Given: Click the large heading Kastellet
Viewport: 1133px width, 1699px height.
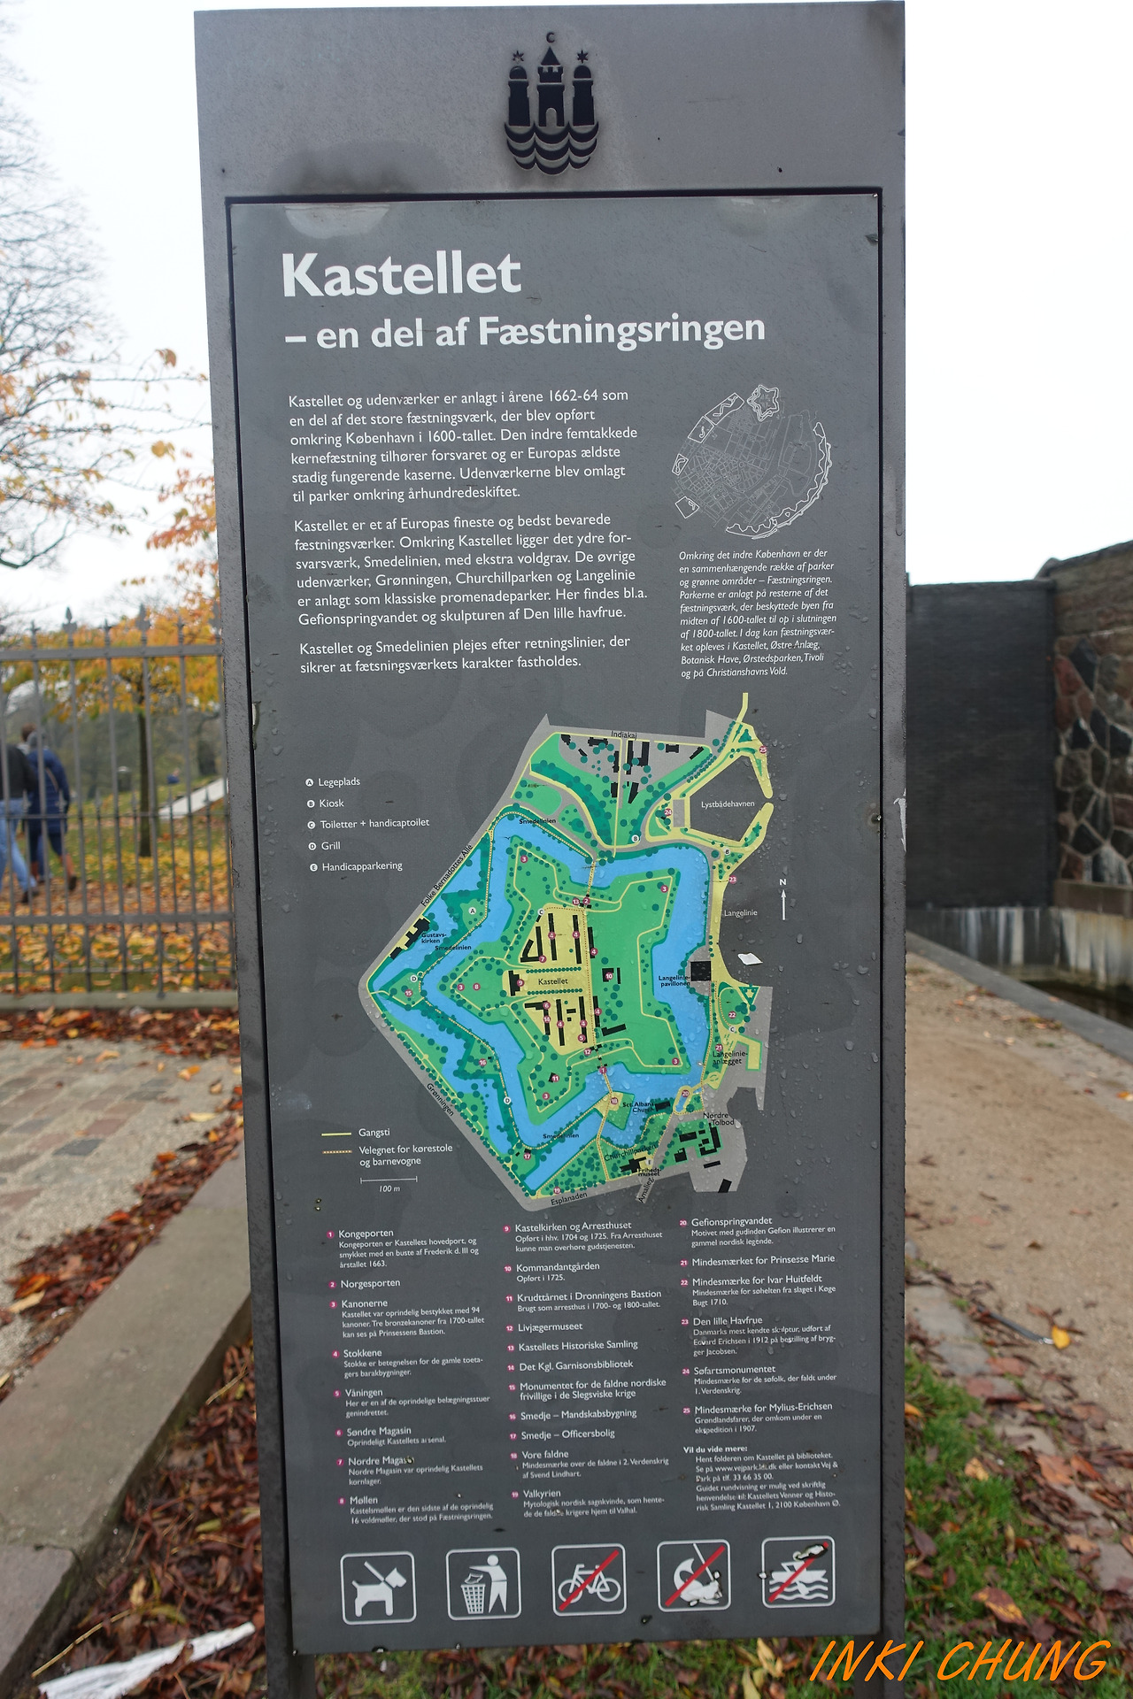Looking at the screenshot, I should coord(401,275).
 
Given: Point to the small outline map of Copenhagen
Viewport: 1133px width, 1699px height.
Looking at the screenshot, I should coord(752,461).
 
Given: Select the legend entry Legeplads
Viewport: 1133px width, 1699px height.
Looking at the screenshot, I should coord(338,782).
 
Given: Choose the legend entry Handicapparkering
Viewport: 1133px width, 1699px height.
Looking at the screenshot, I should coord(361,866).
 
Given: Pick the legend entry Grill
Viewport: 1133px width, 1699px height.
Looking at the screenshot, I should coord(330,846).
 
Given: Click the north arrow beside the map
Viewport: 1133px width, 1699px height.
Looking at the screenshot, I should coord(783,901).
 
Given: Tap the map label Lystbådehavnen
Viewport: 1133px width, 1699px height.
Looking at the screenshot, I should coord(728,804).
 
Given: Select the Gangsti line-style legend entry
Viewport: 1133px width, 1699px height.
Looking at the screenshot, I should coord(374,1133).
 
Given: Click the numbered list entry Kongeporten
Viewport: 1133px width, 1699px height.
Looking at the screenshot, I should coord(366,1234).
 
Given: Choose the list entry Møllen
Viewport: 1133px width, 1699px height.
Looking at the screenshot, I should coord(363,1500).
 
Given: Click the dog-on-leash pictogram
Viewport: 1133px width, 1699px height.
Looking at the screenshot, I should coord(378,1588).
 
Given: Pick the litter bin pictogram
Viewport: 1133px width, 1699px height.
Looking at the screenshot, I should coord(483,1583).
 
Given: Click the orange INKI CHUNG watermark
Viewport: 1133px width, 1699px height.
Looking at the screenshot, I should coord(960,1661).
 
